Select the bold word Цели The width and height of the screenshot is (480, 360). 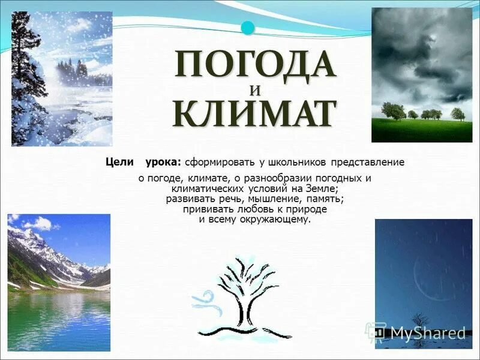click(119, 162)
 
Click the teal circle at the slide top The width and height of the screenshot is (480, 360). click(247, 27)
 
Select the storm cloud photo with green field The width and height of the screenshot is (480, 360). click(421, 74)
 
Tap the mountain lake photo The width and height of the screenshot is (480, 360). click(59, 282)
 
